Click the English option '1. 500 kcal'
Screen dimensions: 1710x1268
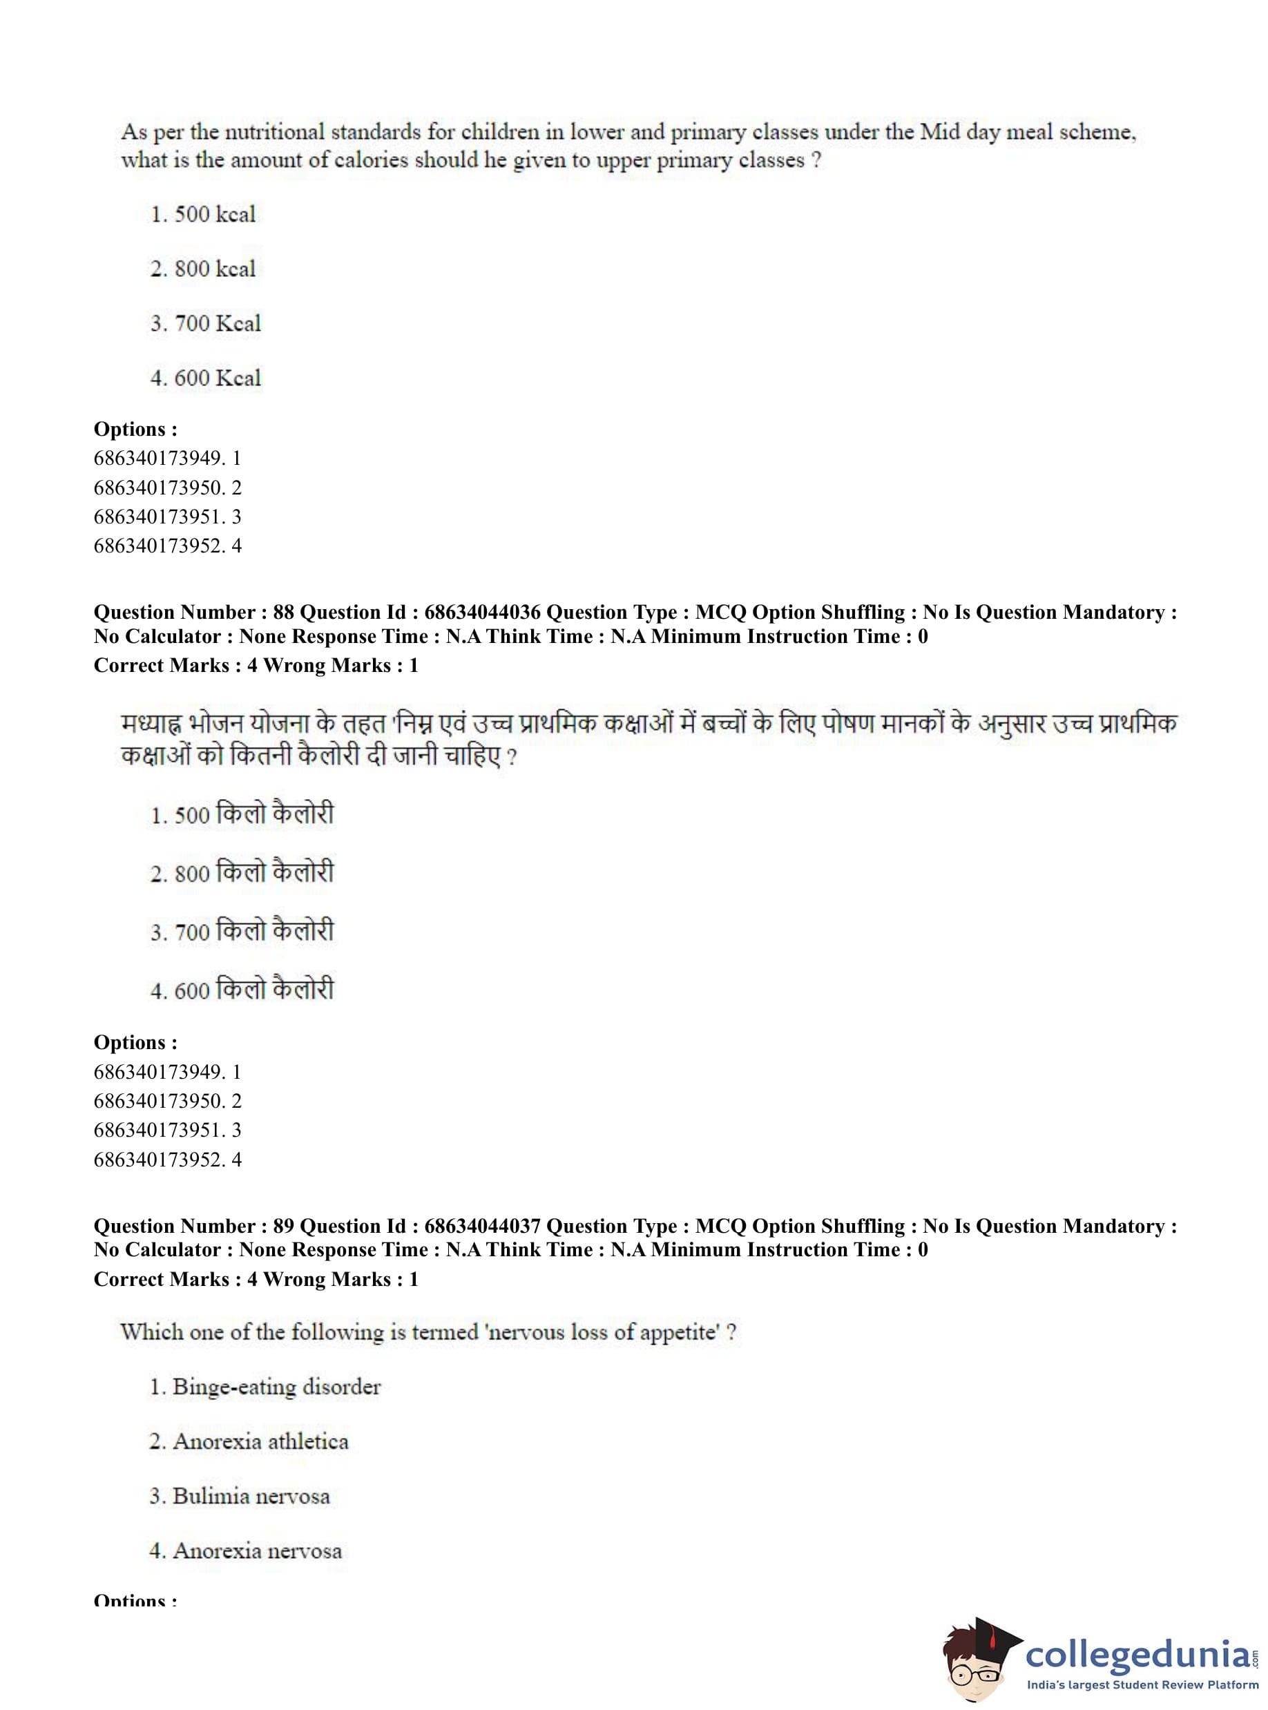pos(202,214)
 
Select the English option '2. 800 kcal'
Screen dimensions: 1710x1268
pos(202,269)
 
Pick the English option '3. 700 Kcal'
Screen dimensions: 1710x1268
pos(206,323)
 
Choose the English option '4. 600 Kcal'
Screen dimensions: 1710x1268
pos(206,378)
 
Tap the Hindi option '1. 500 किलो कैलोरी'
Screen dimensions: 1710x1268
pos(242,814)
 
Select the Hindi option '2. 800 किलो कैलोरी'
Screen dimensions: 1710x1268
pos(242,873)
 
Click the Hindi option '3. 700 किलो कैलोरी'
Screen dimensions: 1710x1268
pos(242,931)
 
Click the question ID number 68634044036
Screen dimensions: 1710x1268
pos(482,613)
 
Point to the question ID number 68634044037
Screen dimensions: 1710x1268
pos(482,1226)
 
